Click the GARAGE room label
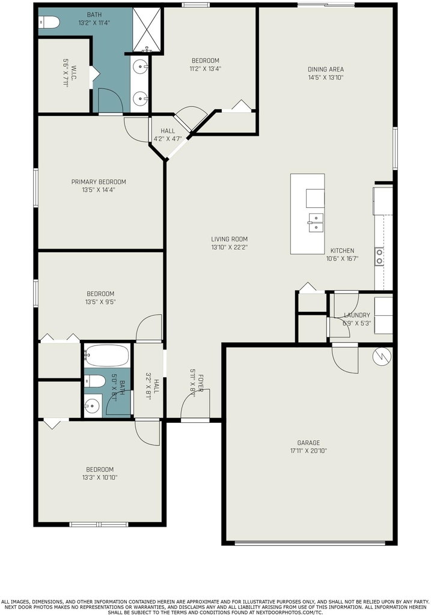(308, 443)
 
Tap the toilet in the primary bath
(49, 22)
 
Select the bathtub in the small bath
(106, 356)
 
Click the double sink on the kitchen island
(316, 223)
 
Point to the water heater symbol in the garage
(382, 357)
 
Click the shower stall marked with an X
(147, 29)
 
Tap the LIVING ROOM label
(229, 239)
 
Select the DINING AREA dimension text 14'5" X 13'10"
(325, 77)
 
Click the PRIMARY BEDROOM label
(99, 181)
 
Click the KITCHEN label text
(342, 250)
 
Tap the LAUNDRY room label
(357, 315)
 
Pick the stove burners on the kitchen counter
(379, 256)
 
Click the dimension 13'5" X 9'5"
(100, 302)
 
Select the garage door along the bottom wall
(310, 543)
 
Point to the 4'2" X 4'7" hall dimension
(168, 139)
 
